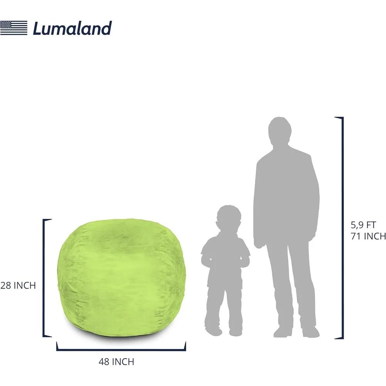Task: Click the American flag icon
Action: [14, 28]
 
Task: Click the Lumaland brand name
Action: [73, 28]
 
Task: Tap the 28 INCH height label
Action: [18, 286]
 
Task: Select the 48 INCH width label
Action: [117, 362]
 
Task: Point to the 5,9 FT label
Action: [363, 225]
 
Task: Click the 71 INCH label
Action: [368, 236]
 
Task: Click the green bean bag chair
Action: [122, 278]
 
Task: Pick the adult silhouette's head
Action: [279, 132]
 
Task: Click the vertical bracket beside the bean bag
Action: [44, 278]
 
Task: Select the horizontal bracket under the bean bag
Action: [121, 349]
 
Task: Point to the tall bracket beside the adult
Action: [342, 228]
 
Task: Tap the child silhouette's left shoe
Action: [235, 332]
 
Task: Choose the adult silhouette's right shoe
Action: [283, 332]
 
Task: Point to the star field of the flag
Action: [6, 25]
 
